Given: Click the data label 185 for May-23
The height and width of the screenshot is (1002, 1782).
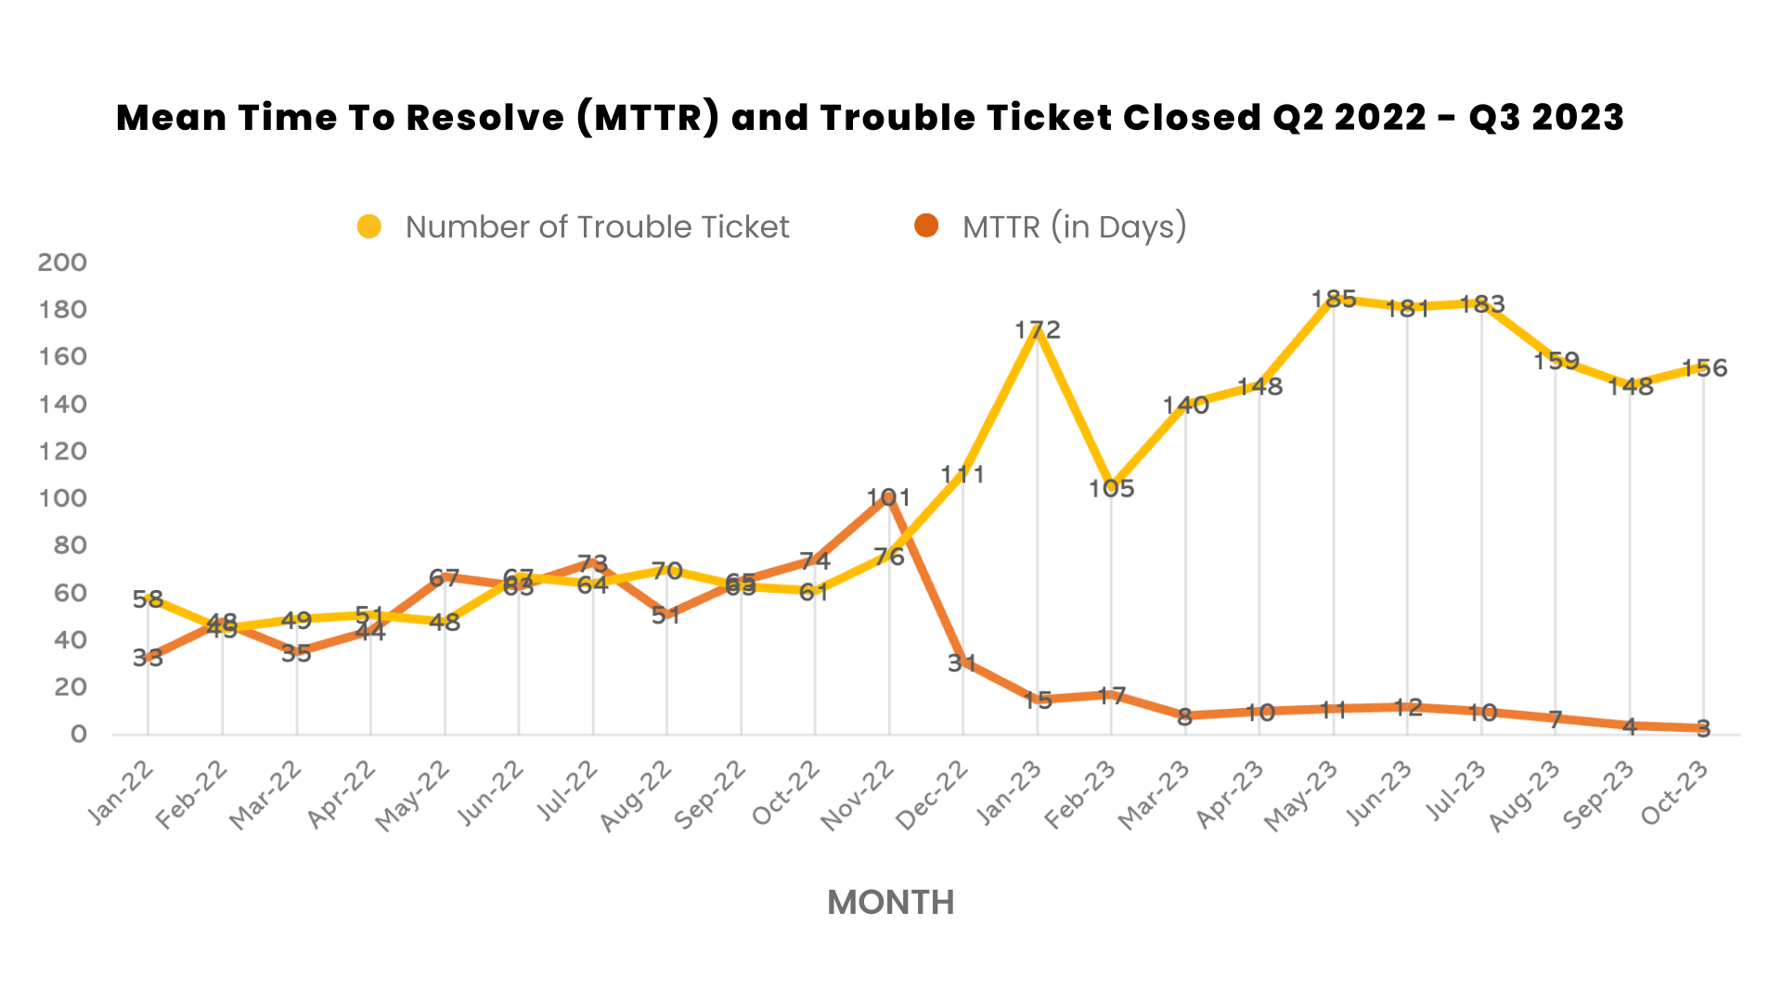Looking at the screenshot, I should click(x=1334, y=299).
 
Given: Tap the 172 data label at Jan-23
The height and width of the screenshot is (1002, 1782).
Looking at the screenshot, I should click(x=1037, y=329).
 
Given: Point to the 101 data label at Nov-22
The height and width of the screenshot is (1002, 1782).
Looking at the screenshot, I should click(x=888, y=497).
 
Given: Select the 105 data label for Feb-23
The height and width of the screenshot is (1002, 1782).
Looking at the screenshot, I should click(x=1111, y=488).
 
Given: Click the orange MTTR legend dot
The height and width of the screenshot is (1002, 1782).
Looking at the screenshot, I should click(x=926, y=225).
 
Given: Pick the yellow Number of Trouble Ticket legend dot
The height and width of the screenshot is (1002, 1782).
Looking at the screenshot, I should click(x=369, y=226).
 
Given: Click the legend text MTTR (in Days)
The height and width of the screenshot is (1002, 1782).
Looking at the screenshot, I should click(x=1075, y=226).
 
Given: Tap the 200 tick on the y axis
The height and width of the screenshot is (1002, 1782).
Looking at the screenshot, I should click(x=62, y=263).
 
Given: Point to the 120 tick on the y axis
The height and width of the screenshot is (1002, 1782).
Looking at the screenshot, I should click(x=62, y=452).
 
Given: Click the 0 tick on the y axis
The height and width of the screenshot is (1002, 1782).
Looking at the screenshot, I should click(x=78, y=735).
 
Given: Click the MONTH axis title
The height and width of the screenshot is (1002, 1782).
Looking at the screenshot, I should click(x=890, y=902).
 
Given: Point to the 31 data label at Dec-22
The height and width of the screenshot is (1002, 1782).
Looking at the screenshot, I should click(x=962, y=662).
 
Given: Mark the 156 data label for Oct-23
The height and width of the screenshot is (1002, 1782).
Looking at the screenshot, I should click(x=1705, y=368).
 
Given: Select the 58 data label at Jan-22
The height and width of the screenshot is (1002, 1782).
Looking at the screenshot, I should click(x=148, y=599).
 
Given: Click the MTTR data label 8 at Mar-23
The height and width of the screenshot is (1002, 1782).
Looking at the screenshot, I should click(x=1184, y=717).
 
